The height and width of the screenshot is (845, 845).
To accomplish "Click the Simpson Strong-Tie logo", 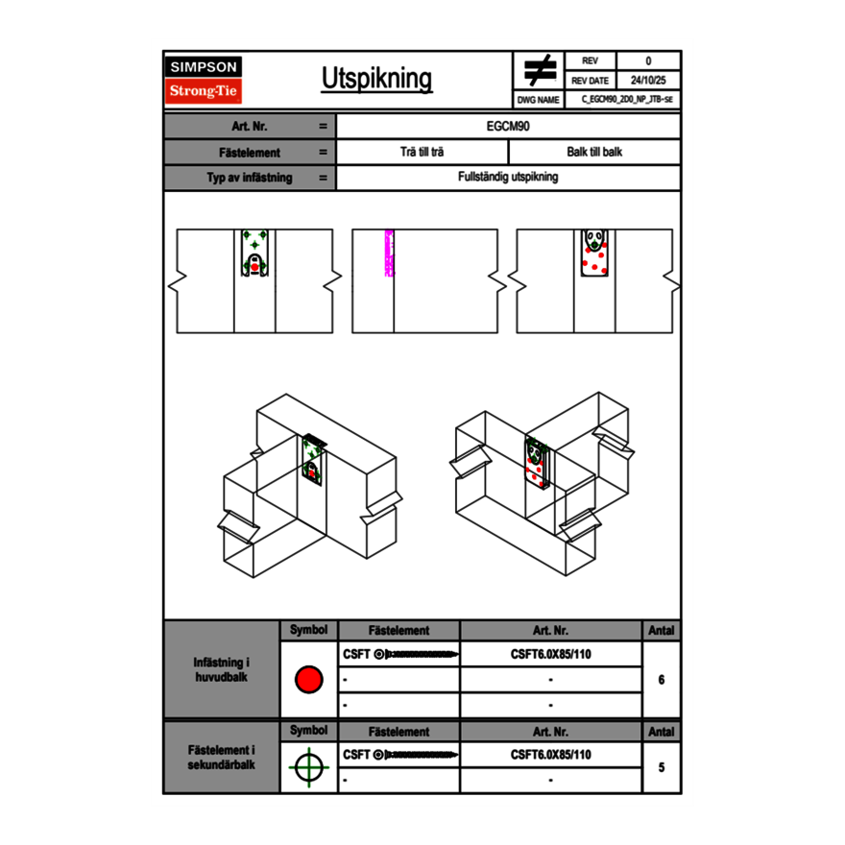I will click(205, 80).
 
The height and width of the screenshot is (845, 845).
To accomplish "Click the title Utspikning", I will click(376, 80).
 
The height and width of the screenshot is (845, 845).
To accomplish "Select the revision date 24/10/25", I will click(648, 81).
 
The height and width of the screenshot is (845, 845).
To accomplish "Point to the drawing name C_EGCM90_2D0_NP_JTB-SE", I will click(626, 100).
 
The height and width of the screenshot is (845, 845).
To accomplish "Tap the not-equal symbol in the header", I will click(540, 70).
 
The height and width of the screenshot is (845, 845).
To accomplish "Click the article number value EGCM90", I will click(508, 126).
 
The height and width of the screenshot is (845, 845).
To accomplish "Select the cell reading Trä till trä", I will click(422, 152).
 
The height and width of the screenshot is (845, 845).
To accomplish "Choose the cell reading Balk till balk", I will click(594, 152).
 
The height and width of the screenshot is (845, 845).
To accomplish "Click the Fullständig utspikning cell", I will click(508, 178).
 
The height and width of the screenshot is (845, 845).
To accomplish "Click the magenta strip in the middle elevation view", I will click(389, 253).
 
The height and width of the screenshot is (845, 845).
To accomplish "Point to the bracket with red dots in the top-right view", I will click(595, 253).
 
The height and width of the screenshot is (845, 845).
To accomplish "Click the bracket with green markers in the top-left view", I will click(254, 254).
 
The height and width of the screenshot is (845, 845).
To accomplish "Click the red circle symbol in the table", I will click(308, 680).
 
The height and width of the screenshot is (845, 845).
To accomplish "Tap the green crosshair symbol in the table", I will click(308, 767).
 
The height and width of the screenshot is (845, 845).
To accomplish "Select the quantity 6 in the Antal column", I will click(661, 680).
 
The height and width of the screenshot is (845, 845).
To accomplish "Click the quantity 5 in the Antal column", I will click(661, 767).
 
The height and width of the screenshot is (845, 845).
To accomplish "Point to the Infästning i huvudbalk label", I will click(222, 670).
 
